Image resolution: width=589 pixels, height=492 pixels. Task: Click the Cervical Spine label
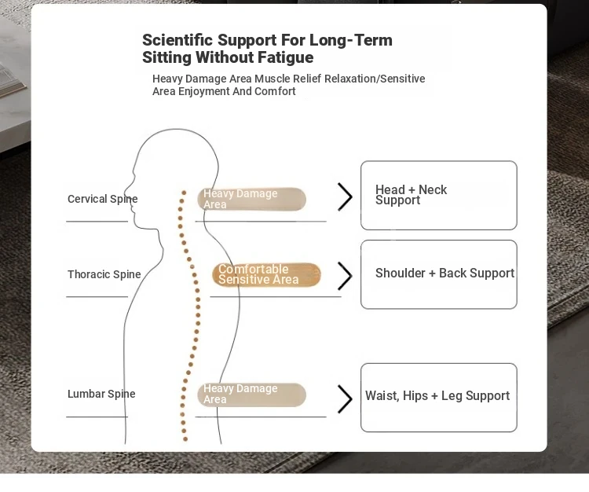103,199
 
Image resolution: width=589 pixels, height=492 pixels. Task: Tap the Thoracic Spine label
104,274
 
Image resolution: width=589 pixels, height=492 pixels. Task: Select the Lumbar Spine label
101,394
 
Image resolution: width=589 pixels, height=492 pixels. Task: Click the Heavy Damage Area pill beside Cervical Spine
251,199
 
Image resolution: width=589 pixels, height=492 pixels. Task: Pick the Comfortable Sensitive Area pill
267,274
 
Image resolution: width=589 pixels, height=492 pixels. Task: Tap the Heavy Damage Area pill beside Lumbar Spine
251,395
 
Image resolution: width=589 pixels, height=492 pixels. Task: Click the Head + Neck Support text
411,195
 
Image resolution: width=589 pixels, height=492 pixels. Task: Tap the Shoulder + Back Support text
444,274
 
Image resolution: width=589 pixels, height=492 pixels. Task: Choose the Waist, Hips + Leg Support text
437,396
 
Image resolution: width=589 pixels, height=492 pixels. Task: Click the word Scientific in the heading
177,40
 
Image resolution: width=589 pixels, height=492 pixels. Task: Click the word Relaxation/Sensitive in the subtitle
375,79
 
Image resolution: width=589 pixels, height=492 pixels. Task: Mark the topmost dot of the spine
184,193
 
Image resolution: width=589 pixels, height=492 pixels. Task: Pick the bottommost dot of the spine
185,439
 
